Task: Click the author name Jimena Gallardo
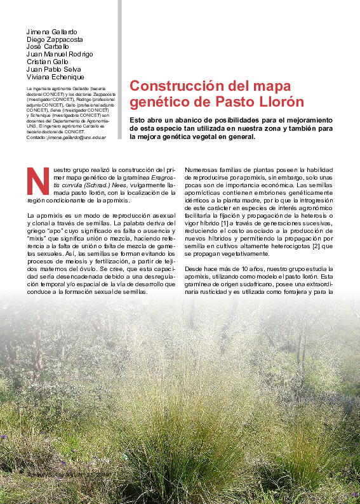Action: coord(52,31)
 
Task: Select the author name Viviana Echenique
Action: coord(55,77)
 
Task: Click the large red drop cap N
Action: coord(38,181)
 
